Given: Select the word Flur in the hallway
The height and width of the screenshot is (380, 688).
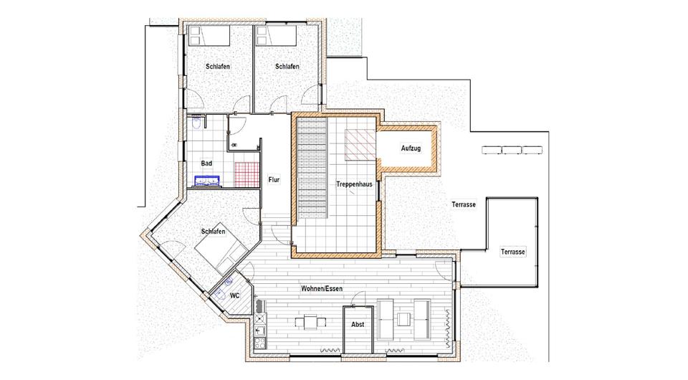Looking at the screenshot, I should [x=274, y=180].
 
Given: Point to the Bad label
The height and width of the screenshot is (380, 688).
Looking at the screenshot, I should [x=206, y=163].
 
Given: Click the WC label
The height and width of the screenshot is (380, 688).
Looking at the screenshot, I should [x=234, y=295].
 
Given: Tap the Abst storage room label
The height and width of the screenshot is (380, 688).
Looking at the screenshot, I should [x=357, y=324].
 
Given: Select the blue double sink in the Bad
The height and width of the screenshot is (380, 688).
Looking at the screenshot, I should [x=209, y=181].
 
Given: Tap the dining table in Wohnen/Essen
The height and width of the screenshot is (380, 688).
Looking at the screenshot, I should [x=309, y=321].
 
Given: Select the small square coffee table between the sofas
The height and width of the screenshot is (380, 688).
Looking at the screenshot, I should [x=406, y=317].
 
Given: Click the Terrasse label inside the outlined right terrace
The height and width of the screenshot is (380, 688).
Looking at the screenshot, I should [x=513, y=252].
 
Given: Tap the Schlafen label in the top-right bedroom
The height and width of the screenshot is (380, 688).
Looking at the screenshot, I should [x=287, y=67].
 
